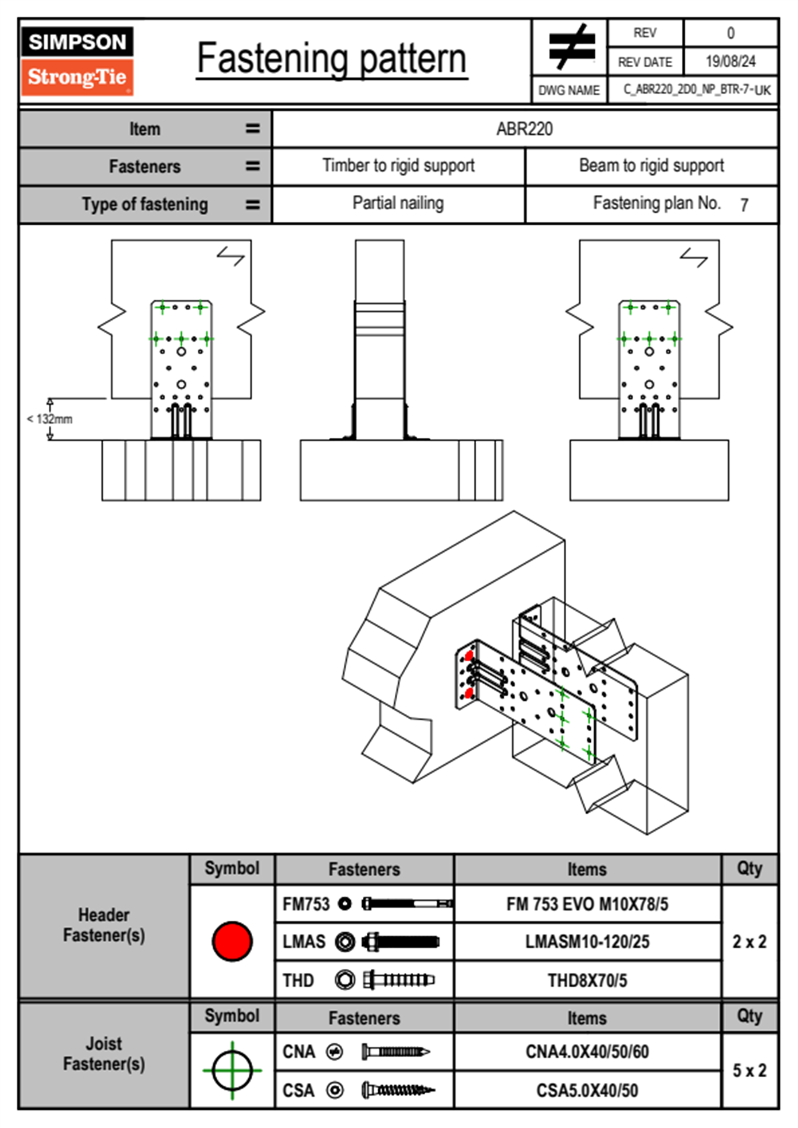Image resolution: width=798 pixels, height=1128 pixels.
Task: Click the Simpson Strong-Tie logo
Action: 78,61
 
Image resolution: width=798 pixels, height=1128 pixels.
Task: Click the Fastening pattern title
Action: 332,59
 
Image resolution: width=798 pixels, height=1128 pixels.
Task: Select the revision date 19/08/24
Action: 730,62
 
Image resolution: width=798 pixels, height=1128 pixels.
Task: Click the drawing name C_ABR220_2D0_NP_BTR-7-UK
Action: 697,90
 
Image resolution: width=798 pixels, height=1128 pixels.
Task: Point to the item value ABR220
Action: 524,129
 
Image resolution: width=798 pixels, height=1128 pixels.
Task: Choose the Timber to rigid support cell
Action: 398,166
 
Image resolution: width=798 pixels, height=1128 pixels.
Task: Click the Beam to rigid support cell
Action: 652,166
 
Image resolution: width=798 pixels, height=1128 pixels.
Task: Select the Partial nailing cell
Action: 398,203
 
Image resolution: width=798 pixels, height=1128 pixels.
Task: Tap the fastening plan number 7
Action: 744,205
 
